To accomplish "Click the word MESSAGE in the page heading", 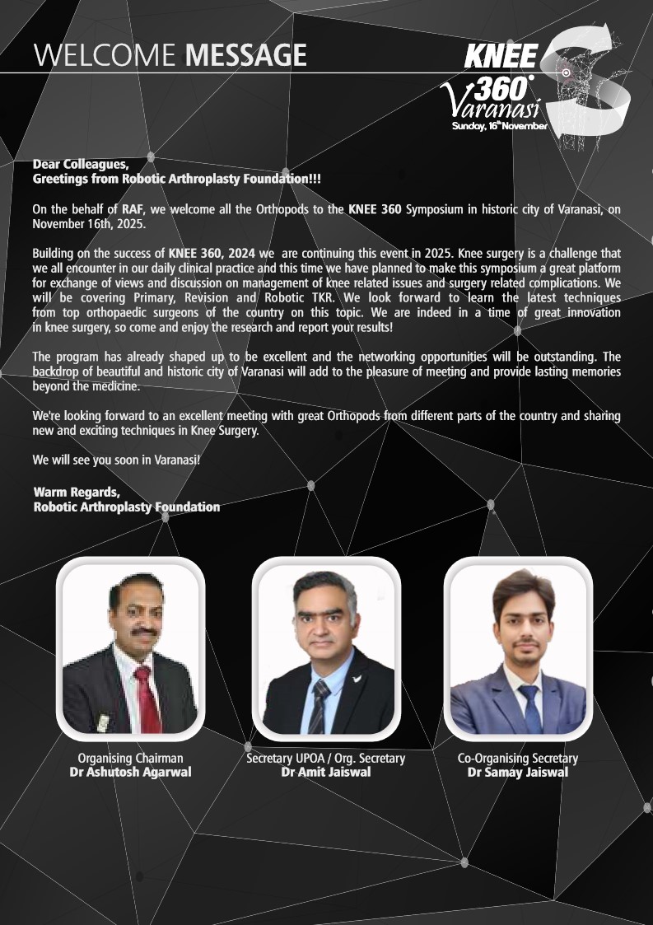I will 245,55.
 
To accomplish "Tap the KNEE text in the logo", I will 501,57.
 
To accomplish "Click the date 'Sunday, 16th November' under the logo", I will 499,126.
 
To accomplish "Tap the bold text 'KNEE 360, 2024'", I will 212,253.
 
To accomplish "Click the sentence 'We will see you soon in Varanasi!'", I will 115,459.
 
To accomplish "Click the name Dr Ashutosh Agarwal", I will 130,772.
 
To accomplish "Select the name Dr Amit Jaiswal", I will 326,772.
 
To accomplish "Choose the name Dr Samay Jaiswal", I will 517,772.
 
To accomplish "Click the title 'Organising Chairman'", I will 130,758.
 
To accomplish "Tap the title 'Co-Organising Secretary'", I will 517,758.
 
